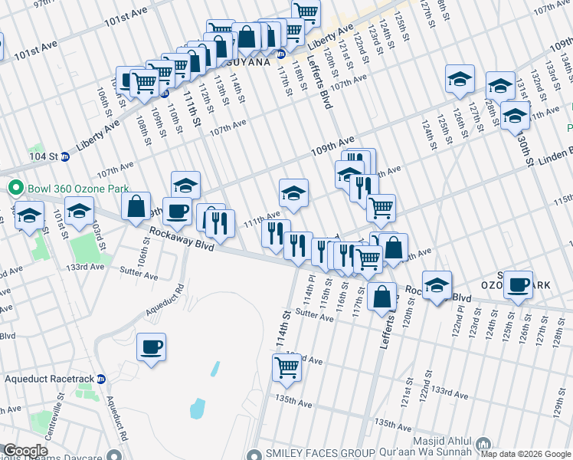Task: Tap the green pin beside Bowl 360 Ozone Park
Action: tap(14, 188)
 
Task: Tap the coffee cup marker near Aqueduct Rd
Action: tap(150, 347)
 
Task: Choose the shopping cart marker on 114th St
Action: tap(286, 367)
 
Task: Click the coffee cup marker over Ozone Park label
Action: tap(519, 284)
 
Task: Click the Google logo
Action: tap(25, 451)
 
